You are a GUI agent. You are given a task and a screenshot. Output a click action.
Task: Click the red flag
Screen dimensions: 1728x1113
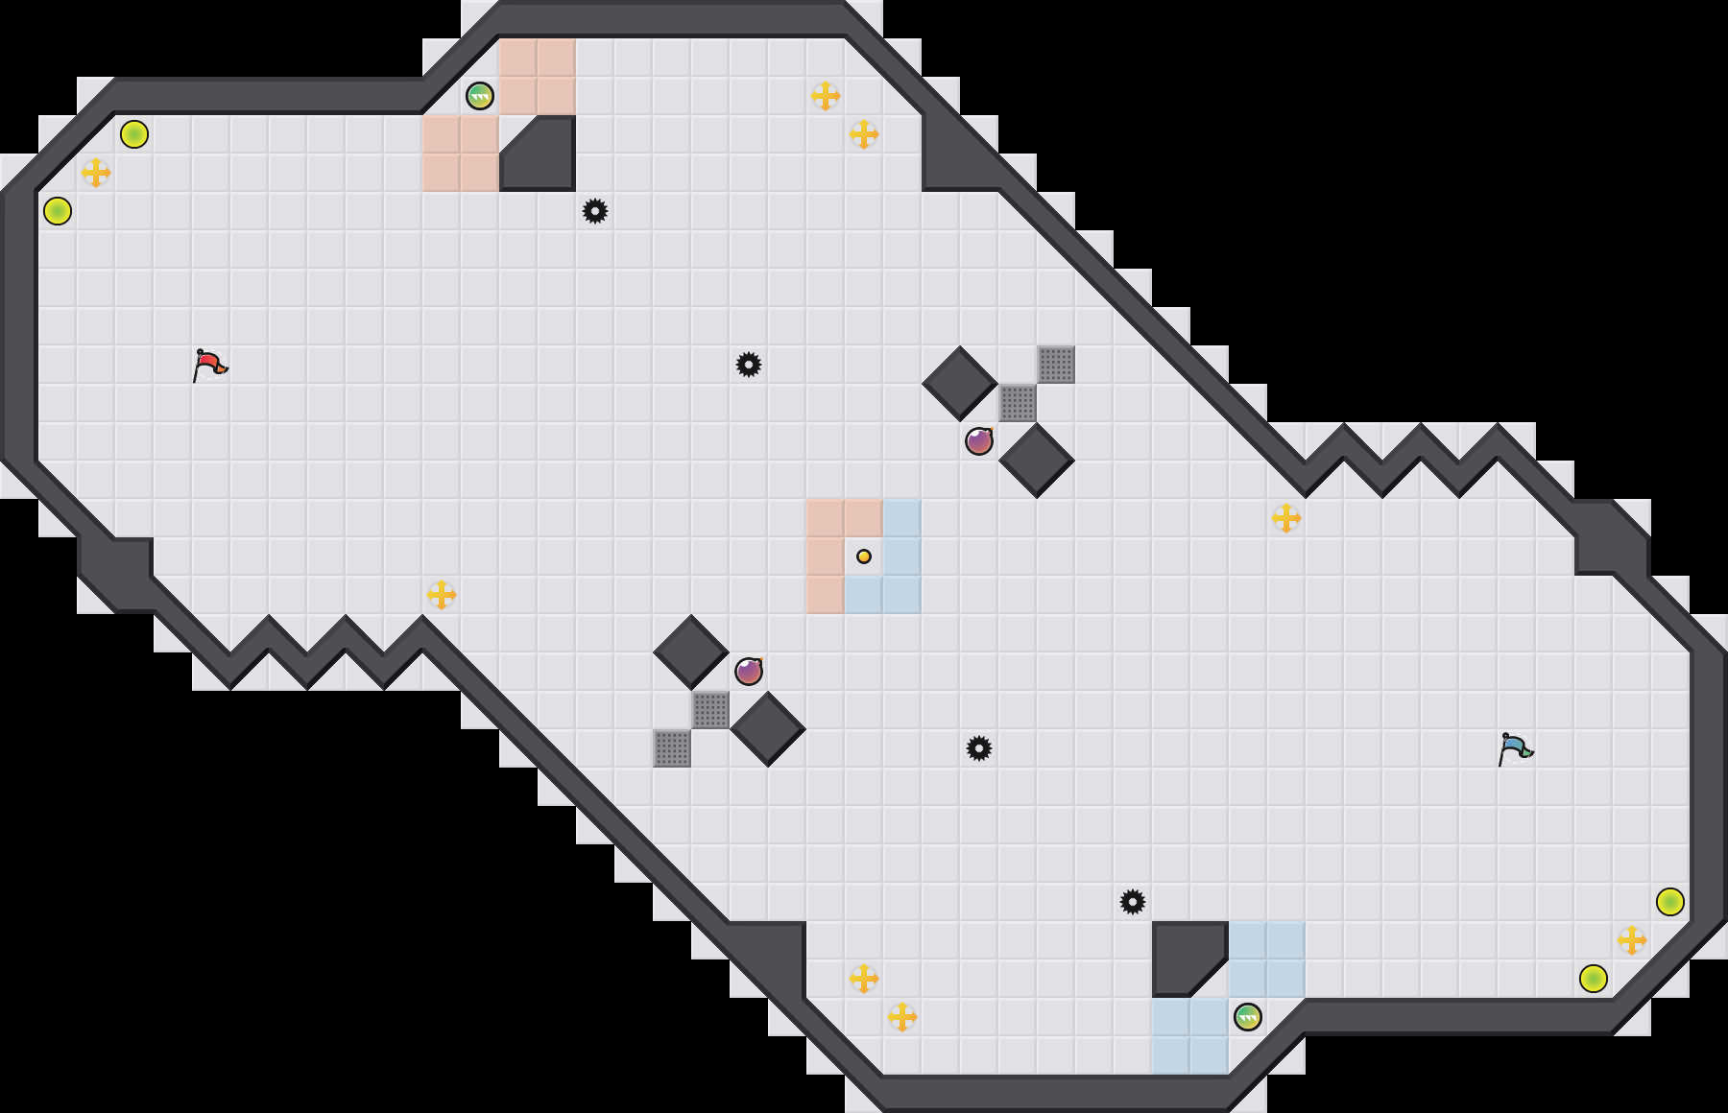(x=209, y=365)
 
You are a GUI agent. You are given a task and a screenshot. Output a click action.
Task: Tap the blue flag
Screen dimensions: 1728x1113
(x=1515, y=748)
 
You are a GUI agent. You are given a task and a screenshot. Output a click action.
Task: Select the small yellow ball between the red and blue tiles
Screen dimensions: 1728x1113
(x=864, y=556)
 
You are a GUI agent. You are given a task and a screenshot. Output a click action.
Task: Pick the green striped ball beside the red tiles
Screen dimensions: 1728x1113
(x=480, y=96)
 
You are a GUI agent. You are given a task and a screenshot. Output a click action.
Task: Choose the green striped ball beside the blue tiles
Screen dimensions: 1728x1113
(x=1248, y=1017)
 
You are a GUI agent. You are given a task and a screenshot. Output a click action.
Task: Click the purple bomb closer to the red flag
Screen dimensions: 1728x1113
(x=749, y=672)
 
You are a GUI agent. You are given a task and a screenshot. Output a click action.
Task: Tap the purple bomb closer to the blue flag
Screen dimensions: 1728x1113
(x=979, y=441)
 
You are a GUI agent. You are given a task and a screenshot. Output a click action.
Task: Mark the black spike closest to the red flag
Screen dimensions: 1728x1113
(x=595, y=211)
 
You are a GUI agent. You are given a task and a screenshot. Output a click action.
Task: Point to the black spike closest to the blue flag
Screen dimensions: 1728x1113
(x=1133, y=902)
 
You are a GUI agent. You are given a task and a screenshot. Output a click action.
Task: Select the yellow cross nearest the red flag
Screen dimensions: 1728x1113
(x=96, y=173)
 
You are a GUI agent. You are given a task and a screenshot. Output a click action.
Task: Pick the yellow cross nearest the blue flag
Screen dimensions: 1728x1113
(x=1632, y=940)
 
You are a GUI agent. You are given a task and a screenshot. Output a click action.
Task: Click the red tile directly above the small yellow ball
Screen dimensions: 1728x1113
(x=864, y=518)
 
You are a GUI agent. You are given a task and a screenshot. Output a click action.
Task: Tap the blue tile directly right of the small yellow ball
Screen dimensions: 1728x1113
(x=902, y=556)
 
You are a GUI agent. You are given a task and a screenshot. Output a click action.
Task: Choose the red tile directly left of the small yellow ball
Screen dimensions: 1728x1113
(x=826, y=556)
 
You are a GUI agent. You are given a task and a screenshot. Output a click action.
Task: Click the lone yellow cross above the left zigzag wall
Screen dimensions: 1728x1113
(x=442, y=595)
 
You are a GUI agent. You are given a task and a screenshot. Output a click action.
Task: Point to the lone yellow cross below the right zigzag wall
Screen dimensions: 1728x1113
(x=1286, y=518)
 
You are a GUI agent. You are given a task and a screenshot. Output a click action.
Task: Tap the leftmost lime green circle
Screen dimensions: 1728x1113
(x=58, y=211)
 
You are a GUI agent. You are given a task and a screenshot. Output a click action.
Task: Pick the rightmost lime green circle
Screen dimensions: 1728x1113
(x=1670, y=902)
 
